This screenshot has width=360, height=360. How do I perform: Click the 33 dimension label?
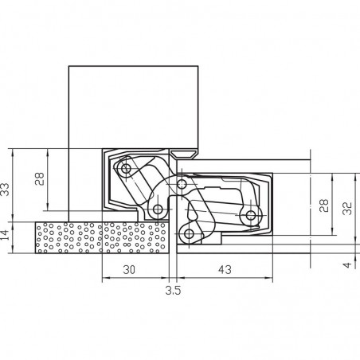[5, 190]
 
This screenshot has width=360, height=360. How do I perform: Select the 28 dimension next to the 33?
[40, 178]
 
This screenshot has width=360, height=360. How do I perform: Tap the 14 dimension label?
[5, 235]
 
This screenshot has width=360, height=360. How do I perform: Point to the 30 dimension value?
[129, 269]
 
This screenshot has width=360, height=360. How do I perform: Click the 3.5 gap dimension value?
[173, 290]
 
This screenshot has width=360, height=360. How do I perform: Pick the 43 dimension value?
[225, 269]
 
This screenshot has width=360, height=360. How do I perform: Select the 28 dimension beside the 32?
[324, 205]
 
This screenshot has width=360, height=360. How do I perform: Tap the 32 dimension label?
[347, 209]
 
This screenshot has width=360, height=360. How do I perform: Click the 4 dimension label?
[347, 264]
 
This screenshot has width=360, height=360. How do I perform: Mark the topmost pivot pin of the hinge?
[126, 168]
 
